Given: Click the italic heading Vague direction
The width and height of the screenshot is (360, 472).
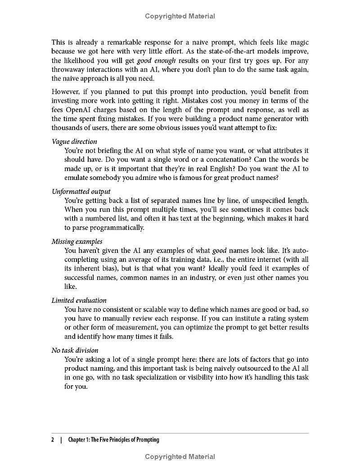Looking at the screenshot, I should pyautogui.click(x=74, y=142).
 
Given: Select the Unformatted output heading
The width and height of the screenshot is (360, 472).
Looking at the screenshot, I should pyautogui.click(x=81, y=192).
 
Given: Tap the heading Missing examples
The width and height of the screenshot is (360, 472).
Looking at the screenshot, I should pyautogui.click(x=77, y=242).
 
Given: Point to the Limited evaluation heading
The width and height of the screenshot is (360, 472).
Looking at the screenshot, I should pyautogui.click(x=79, y=301).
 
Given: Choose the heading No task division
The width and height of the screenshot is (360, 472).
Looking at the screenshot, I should pyautogui.click(x=75, y=351).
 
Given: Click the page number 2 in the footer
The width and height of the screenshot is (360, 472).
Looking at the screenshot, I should pyautogui.click(x=53, y=440).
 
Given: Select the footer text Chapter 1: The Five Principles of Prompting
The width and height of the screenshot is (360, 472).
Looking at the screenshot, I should pyautogui.click(x=113, y=440).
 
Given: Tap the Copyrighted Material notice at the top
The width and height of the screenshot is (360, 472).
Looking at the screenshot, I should pyautogui.click(x=180, y=16).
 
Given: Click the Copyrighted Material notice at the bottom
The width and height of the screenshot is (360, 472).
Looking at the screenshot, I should pyautogui.click(x=180, y=457).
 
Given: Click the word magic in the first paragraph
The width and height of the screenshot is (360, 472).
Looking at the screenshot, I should pyautogui.click(x=299, y=43).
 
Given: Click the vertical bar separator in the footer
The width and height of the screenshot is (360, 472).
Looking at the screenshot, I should pyautogui.click(x=61, y=440).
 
